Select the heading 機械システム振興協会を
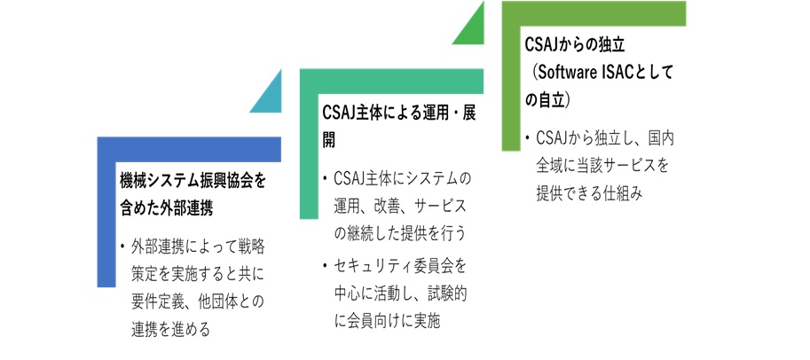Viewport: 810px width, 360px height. [193, 182]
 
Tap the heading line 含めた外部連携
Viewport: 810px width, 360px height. [166, 208]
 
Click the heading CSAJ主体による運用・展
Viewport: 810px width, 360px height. [399, 113]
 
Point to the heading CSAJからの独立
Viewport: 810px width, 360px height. [575, 45]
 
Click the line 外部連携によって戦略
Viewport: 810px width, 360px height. [199, 247]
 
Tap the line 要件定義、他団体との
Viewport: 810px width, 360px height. [199, 302]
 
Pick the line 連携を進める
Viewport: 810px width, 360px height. [171, 330]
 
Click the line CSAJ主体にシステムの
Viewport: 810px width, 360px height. [403, 179]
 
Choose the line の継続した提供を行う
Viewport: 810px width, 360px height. [400, 234]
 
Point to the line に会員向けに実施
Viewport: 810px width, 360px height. [387, 322]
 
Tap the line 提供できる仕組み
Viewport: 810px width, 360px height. [589, 193]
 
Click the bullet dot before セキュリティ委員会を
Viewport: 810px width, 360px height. [325, 267]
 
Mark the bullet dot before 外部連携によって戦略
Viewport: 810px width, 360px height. [122, 247]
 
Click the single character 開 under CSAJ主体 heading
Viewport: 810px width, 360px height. [329, 140]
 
